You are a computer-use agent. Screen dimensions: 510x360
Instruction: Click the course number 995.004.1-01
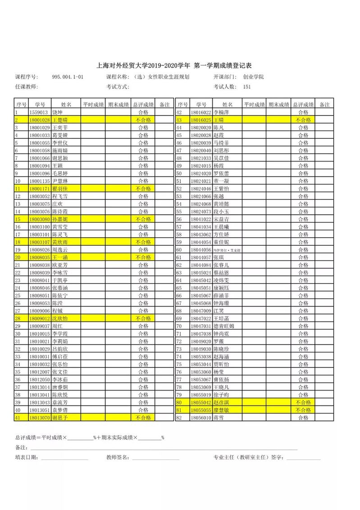[x=68, y=77]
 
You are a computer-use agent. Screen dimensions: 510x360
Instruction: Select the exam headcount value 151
[x=246, y=87]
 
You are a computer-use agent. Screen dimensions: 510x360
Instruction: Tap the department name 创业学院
[x=253, y=77]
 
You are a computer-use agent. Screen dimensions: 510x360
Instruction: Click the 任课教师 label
[x=27, y=87]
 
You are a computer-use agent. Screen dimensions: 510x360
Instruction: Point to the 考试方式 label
[x=118, y=87]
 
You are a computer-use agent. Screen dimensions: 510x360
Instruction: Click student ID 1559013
[x=38, y=112]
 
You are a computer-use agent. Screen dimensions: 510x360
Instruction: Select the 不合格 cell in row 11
[x=143, y=188]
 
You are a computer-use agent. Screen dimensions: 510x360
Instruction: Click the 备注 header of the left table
[x=165, y=105]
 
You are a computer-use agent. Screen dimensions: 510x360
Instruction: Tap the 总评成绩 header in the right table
[x=303, y=105]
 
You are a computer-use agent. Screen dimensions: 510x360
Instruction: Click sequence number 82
[x=179, y=418]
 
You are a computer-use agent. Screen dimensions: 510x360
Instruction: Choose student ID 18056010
[x=201, y=418]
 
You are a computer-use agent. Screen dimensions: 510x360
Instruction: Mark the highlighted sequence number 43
[x=179, y=120]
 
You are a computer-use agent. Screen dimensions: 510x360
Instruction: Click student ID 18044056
[x=201, y=250]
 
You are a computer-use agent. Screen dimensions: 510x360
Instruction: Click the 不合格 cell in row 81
[x=303, y=410]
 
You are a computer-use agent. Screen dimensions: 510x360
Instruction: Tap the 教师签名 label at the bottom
[x=118, y=458]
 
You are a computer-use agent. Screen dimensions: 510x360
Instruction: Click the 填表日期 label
[x=27, y=458]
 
